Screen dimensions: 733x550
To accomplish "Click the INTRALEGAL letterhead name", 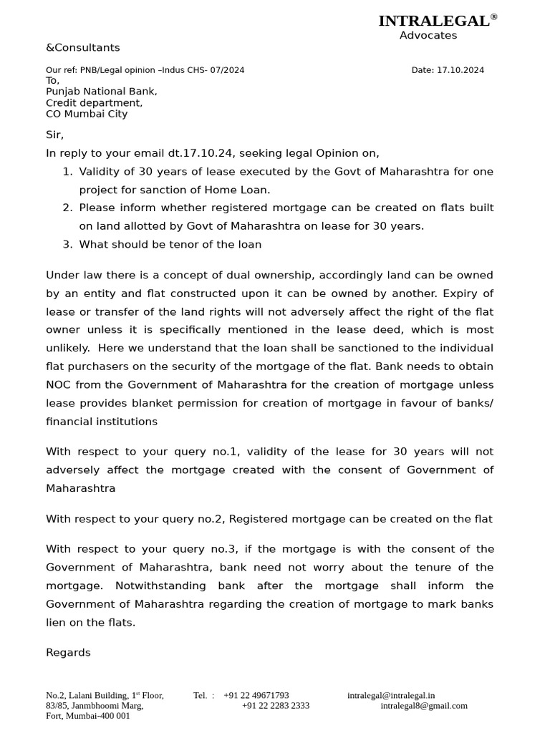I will tap(433, 21).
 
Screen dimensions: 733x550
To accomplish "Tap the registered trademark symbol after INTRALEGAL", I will tap(493, 16).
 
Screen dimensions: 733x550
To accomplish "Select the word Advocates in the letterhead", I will tap(428, 36).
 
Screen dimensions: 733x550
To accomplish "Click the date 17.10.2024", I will tap(460, 70).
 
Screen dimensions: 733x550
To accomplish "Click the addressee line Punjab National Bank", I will tap(101, 92).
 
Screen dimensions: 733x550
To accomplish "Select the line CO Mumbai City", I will tap(87, 114).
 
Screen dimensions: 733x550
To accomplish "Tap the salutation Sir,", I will tap(54, 135).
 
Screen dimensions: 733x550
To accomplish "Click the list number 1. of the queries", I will tap(67, 172).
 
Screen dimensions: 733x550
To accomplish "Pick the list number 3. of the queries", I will tap(67, 245).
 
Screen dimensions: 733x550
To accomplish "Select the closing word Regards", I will tap(68, 653).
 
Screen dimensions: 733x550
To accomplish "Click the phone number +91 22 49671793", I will tap(256, 695).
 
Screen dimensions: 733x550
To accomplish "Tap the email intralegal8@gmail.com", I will tap(424, 706).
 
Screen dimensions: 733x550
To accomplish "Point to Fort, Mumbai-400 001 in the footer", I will tap(88, 716).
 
